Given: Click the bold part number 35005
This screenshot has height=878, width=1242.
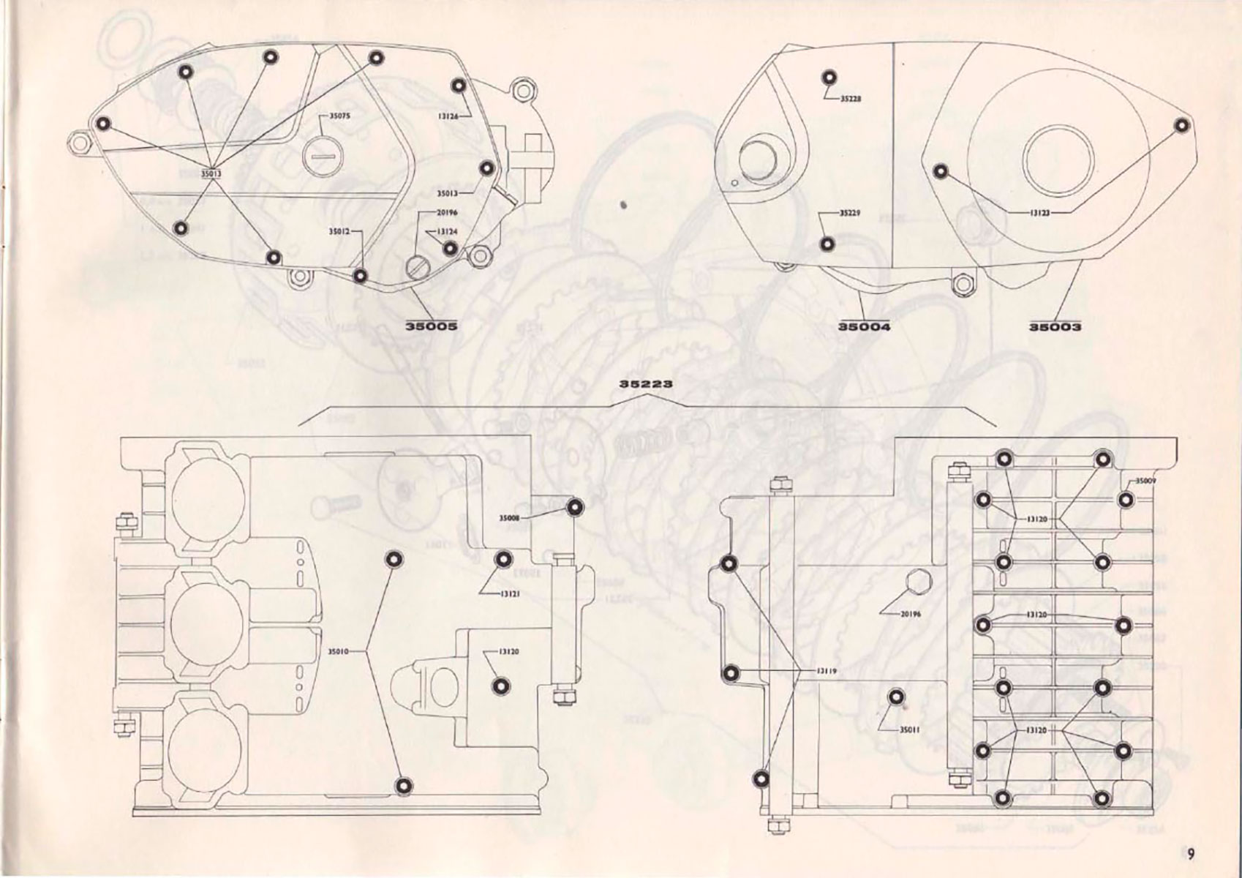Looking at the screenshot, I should [x=432, y=326].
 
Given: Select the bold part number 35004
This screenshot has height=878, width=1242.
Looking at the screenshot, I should [x=864, y=326].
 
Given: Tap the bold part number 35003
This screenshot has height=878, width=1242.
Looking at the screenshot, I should [x=1055, y=326].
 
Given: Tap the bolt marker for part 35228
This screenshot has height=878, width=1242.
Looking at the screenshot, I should [x=829, y=78].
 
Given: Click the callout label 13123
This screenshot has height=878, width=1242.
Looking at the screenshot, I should [x=1040, y=212].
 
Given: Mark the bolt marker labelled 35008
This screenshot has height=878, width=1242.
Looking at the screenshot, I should [x=575, y=507].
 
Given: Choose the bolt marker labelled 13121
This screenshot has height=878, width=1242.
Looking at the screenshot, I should [x=503, y=560].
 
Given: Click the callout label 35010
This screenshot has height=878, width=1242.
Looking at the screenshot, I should [x=339, y=650].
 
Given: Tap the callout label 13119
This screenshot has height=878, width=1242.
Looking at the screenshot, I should [x=826, y=670].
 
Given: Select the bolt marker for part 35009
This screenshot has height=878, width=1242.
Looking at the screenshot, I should [x=1126, y=500].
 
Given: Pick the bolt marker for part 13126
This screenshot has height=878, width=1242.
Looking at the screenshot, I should [x=459, y=86].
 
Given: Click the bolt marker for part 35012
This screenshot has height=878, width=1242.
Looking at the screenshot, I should [x=360, y=276].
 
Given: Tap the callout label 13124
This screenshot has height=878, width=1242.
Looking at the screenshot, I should [x=448, y=231].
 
